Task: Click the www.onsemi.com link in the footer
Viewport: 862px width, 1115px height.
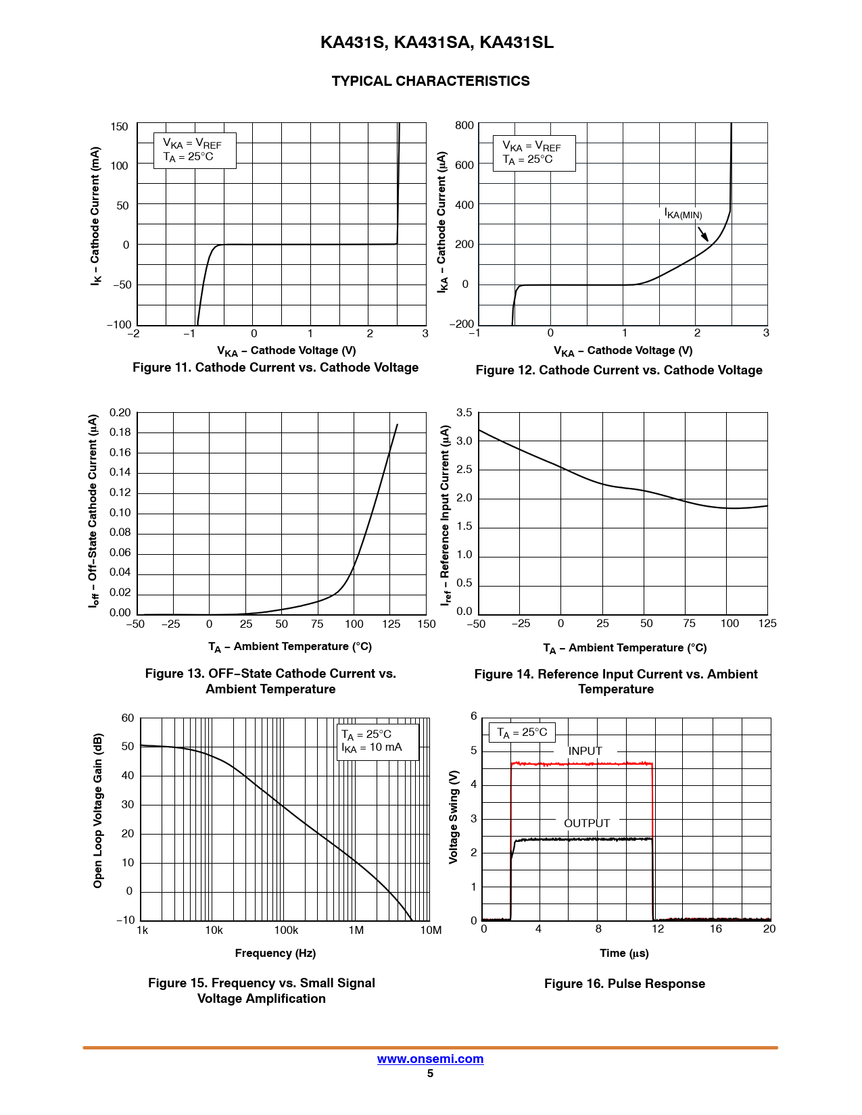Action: (x=430, y=1059)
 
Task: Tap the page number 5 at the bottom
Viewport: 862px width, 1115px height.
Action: (x=430, y=1074)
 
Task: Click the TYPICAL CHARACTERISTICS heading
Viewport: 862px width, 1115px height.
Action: (x=431, y=81)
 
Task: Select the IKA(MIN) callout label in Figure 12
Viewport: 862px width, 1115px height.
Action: (x=684, y=214)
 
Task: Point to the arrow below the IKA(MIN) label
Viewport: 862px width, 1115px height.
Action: (x=703, y=234)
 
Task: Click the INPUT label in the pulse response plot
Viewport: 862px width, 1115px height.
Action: (x=585, y=751)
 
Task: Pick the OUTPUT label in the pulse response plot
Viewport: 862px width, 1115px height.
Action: (x=587, y=823)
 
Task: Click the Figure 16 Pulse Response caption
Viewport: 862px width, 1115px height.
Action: (x=624, y=984)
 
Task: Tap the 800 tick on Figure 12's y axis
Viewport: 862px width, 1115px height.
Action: (x=464, y=126)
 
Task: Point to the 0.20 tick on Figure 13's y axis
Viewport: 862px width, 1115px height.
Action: (x=120, y=413)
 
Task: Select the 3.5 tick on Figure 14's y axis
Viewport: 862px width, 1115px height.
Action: (x=464, y=413)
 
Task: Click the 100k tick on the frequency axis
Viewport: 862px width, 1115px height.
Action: (x=286, y=931)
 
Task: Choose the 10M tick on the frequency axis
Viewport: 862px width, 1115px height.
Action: (x=431, y=931)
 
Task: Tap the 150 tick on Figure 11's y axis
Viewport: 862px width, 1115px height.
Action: (x=119, y=127)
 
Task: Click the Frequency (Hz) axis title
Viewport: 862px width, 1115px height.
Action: (x=275, y=953)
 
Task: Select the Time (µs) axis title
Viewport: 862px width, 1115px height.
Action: (x=624, y=953)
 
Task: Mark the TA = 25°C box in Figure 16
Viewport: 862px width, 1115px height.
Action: (x=522, y=733)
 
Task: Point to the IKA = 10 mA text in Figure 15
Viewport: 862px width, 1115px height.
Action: (x=372, y=747)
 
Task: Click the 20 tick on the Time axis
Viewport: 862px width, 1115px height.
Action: (x=769, y=929)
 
